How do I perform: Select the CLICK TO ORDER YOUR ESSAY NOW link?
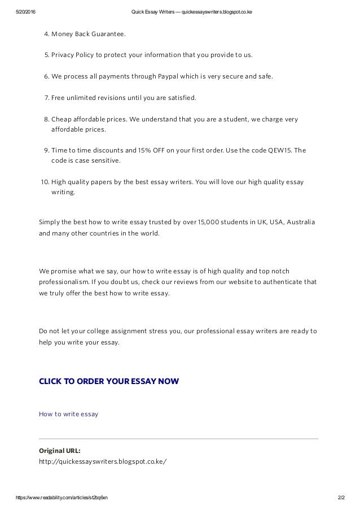click(x=109, y=381)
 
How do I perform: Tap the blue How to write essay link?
click(x=68, y=414)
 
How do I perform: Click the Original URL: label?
click(x=59, y=450)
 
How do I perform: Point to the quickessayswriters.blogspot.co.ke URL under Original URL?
click(x=103, y=461)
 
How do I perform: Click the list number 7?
click(x=46, y=98)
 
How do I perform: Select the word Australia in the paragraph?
click(x=298, y=221)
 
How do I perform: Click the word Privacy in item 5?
click(x=63, y=55)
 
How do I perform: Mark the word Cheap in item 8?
click(x=60, y=119)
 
